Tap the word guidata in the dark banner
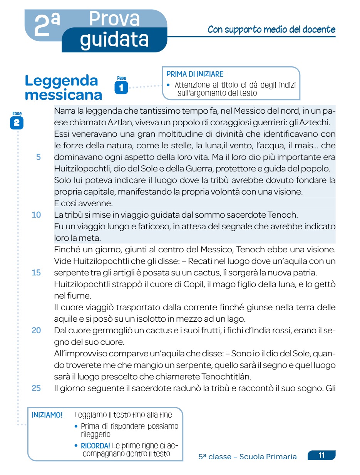(114, 39)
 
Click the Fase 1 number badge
(121, 88)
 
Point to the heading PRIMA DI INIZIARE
(195, 74)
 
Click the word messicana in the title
(64, 95)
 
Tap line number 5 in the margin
(39, 158)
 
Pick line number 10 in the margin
(36, 215)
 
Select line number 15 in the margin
(36, 273)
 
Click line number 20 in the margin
(36, 330)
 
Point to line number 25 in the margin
(36, 388)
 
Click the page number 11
(321, 455)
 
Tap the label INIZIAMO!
(47, 415)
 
